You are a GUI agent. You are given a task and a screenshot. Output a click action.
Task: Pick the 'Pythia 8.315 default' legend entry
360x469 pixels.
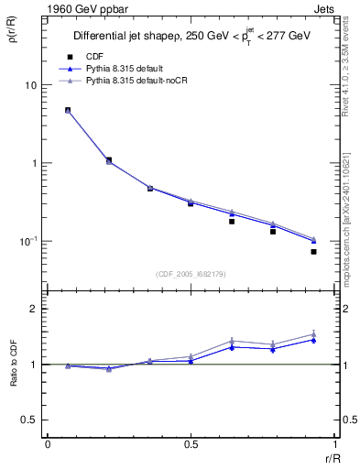click(128, 69)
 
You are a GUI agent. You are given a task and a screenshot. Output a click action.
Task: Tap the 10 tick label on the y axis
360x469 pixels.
click(29, 85)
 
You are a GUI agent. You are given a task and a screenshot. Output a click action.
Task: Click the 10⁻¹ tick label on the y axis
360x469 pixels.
click(27, 242)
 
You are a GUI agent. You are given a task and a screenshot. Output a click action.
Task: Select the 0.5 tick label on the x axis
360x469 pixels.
click(191, 444)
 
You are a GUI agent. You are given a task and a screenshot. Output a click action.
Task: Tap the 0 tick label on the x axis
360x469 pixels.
click(48, 444)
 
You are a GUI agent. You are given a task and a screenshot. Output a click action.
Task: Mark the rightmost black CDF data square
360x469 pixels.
click(313, 251)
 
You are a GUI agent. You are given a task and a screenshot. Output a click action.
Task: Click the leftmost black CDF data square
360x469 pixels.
click(68, 111)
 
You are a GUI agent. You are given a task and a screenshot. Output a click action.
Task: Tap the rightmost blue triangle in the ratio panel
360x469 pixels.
click(313, 340)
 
